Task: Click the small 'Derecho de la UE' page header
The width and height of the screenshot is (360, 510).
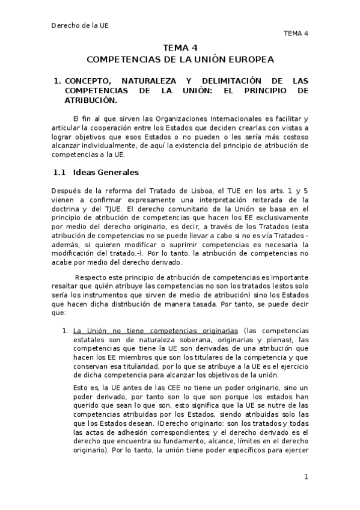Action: pos(80,26)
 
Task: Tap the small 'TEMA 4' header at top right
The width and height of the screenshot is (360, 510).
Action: pos(296,34)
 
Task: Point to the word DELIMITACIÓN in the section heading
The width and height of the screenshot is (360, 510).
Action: pos(225,80)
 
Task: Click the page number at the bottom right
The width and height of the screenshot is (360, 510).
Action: pos(306,477)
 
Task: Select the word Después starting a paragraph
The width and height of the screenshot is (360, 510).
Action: pos(68,191)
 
